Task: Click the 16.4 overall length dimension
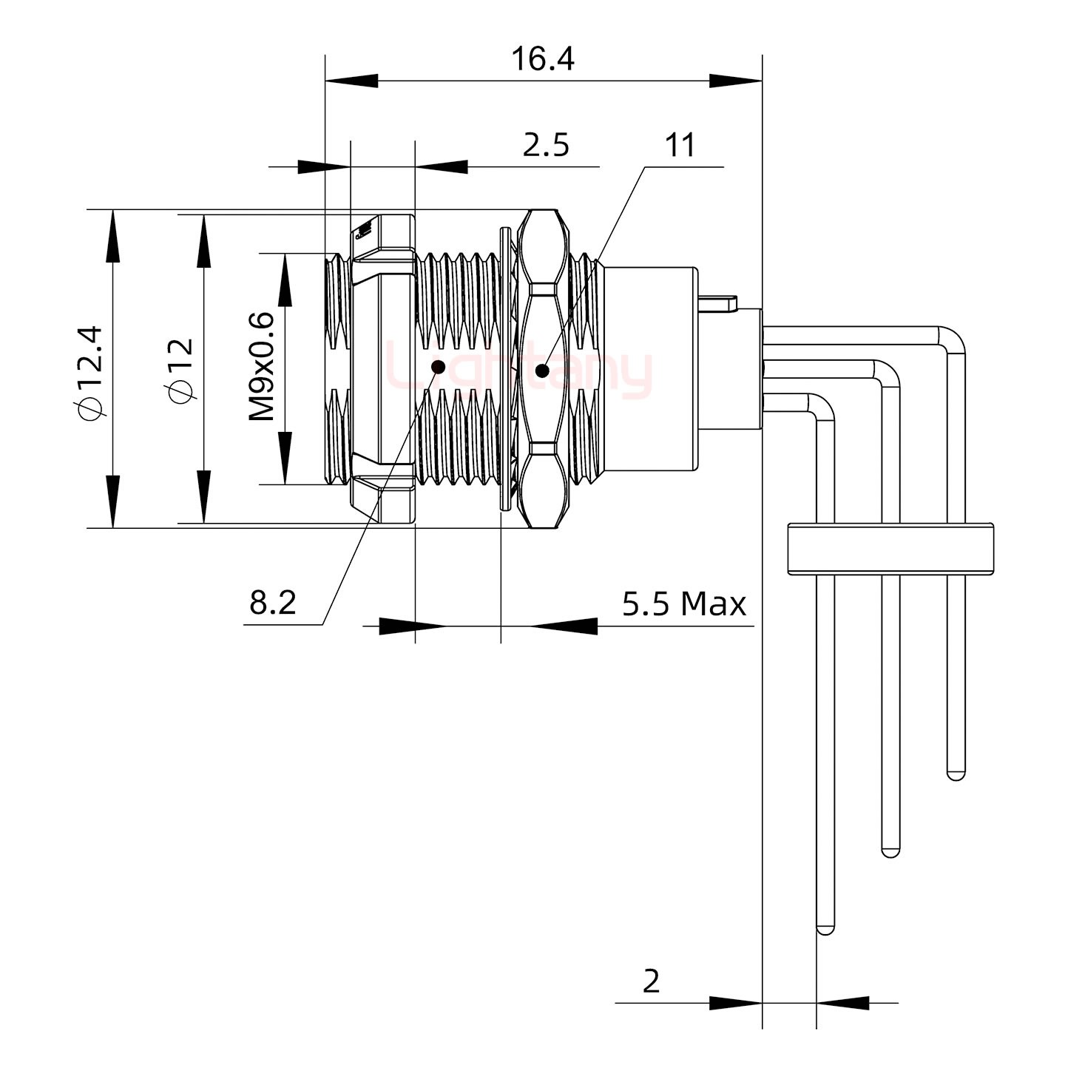pyautogui.click(x=543, y=59)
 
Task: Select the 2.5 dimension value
pyautogui.click(x=546, y=146)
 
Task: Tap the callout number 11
pyautogui.click(x=680, y=146)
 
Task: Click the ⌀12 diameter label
pyautogui.click(x=181, y=371)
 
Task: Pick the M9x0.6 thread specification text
pyautogui.click(x=261, y=367)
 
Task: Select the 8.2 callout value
pyautogui.click(x=273, y=603)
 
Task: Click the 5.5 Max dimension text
pyautogui.click(x=683, y=604)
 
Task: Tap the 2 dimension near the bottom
pyautogui.click(x=651, y=981)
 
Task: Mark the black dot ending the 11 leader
pyautogui.click(x=542, y=371)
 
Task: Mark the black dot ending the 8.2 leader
pyautogui.click(x=438, y=366)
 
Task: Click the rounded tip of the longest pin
pyautogui.click(x=825, y=928)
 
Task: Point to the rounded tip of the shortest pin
pyautogui.click(x=956, y=775)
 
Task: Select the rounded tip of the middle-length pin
pyautogui.click(x=890, y=851)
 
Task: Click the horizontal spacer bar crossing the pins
pyautogui.click(x=890, y=548)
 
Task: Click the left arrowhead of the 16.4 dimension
pyautogui.click(x=352, y=81)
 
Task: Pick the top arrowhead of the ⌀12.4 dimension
pyautogui.click(x=112, y=236)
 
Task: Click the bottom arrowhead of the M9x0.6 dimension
pyautogui.click(x=285, y=459)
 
